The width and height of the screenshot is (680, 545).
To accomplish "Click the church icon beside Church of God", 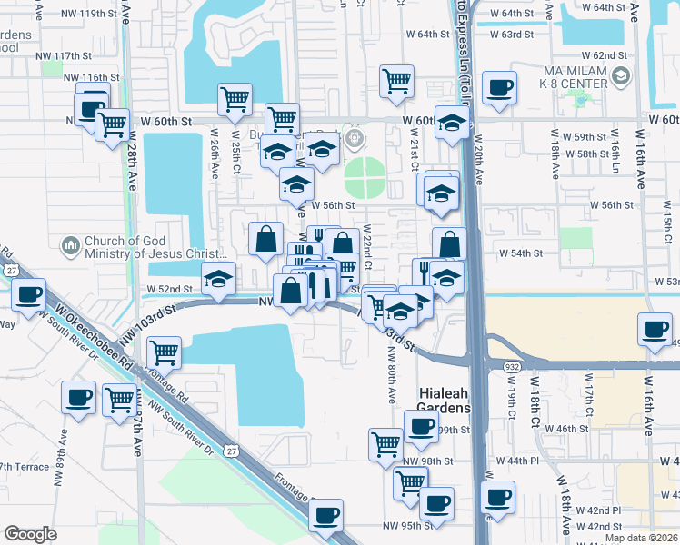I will point(71,246).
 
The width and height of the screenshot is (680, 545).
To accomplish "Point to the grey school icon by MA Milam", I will point(620,78).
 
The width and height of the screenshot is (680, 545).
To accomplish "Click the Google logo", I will point(30,533).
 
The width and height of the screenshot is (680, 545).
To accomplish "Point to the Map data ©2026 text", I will point(642,538).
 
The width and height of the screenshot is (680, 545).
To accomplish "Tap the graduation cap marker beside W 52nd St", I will point(218,281).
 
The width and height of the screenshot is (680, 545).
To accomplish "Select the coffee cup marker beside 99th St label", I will point(419,426).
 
